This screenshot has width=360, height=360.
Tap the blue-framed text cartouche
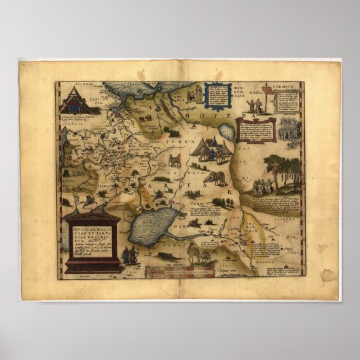(217, 95)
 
